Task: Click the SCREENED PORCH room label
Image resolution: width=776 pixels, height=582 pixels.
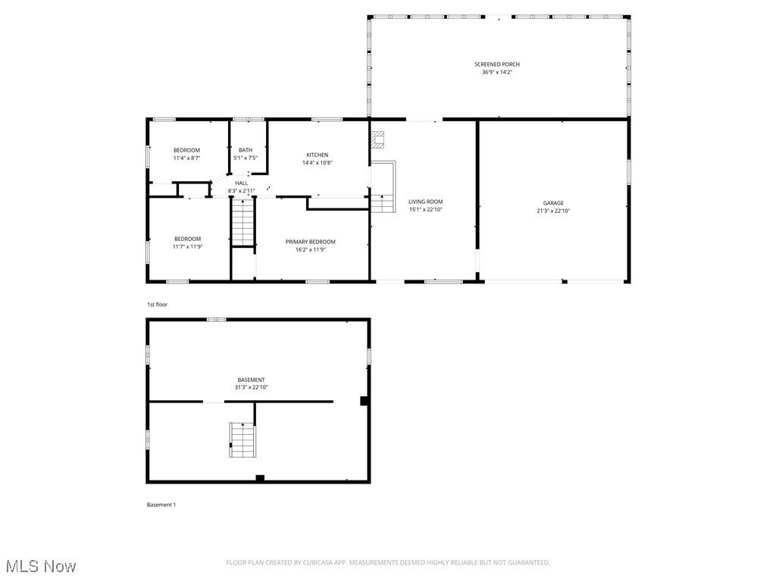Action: (497, 64)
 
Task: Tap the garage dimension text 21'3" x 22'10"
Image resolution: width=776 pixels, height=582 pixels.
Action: (553, 211)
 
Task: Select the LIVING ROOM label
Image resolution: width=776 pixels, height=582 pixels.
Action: (425, 202)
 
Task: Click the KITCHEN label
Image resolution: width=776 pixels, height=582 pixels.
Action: (317, 155)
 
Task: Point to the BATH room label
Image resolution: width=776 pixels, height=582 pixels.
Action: (246, 150)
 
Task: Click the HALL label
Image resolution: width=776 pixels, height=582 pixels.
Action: (241, 183)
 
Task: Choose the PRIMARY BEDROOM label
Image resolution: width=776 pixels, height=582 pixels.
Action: (310, 242)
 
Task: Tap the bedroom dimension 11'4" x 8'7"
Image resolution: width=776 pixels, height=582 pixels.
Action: (186, 158)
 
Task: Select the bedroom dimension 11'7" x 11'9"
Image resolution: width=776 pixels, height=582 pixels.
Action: (186, 246)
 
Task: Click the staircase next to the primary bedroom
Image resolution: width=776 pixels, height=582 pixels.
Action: (242, 222)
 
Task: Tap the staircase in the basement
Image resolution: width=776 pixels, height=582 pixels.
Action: (242, 440)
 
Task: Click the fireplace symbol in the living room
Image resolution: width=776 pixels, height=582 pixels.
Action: (378, 139)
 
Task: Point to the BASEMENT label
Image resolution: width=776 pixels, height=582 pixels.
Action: (251, 380)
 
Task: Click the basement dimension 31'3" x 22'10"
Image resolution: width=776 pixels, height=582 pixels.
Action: (251, 387)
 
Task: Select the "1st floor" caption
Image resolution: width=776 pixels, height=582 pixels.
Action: (157, 305)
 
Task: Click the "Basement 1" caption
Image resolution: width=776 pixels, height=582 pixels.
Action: (161, 505)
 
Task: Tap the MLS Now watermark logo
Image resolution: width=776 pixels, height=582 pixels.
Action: (39, 566)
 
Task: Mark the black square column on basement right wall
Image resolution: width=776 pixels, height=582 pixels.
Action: (365, 401)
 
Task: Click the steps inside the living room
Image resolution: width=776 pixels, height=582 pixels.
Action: (382, 203)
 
